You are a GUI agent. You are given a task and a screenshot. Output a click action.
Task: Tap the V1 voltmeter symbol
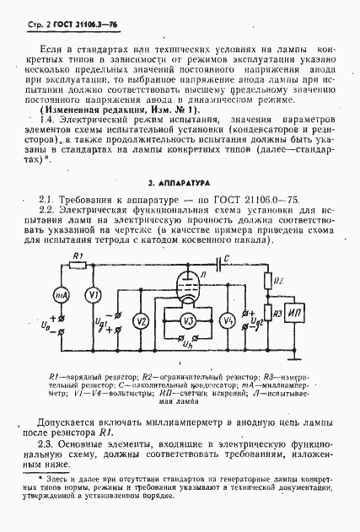[x=94, y=294]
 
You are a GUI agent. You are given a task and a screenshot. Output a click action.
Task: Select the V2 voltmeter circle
[x=142, y=320]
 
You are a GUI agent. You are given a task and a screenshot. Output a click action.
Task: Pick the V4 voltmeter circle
[x=226, y=320]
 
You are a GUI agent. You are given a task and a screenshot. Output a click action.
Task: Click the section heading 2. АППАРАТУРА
[x=180, y=205]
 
